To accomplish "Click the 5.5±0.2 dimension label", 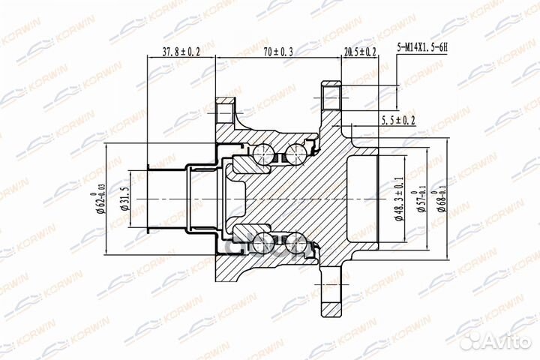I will point(398,120).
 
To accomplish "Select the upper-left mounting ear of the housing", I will point(225,112).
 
